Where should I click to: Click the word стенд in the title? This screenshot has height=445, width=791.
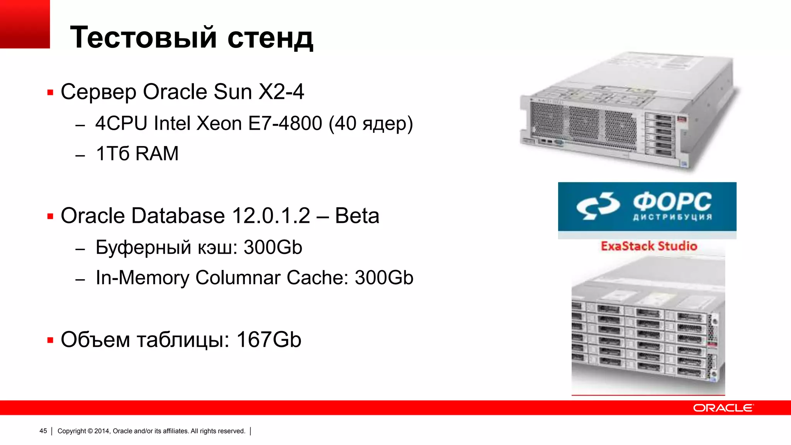(270, 39)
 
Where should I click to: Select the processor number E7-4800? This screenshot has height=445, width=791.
(285, 124)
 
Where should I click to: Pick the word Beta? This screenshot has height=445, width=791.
(357, 216)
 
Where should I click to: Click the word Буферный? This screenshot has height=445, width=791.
(143, 248)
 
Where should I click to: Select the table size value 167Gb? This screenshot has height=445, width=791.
(269, 340)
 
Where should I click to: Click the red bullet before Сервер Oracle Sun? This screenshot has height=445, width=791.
(50, 93)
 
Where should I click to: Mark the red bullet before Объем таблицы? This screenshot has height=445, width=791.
(50, 340)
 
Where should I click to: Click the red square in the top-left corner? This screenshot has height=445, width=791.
(25, 24)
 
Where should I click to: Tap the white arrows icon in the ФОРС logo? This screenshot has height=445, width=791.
(597, 206)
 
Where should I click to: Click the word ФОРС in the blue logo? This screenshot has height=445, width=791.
(672, 202)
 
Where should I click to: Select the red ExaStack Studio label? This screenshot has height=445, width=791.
(649, 246)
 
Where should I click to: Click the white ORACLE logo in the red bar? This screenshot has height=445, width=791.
(723, 408)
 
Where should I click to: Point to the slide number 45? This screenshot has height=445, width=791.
(43, 431)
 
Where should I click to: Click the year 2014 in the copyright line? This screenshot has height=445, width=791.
(102, 431)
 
